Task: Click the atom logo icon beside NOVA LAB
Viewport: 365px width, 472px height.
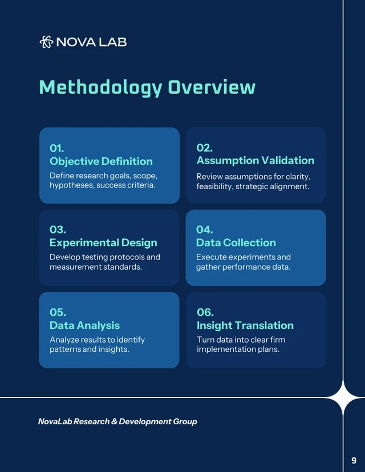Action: click(46, 42)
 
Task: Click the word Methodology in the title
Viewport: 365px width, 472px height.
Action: click(100, 87)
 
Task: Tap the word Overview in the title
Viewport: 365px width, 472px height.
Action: click(212, 87)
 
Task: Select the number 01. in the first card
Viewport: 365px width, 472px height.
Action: click(57, 148)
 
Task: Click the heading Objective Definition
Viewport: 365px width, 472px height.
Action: click(101, 161)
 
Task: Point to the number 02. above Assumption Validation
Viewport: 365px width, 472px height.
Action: click(204, 148)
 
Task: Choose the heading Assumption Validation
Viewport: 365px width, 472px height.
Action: click(255, 161)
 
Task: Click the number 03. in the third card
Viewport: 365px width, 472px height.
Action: click(58, 230)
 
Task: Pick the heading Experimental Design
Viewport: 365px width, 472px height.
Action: click(103, 243)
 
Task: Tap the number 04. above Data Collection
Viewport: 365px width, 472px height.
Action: click(204, 230)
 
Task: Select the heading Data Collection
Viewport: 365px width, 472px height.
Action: click(236, 243)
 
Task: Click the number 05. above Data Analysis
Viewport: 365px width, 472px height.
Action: click(58, 312)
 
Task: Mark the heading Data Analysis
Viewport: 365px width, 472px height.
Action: click(84, 325)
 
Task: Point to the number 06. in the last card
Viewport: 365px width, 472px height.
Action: click(205, 312)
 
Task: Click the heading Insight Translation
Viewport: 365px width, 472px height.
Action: click(245, 325)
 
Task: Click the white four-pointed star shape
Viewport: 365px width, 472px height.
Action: click(342, 397)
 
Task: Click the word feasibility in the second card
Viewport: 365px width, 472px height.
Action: click(214, 186)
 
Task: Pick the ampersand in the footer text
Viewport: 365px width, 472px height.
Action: click(115, 422)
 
